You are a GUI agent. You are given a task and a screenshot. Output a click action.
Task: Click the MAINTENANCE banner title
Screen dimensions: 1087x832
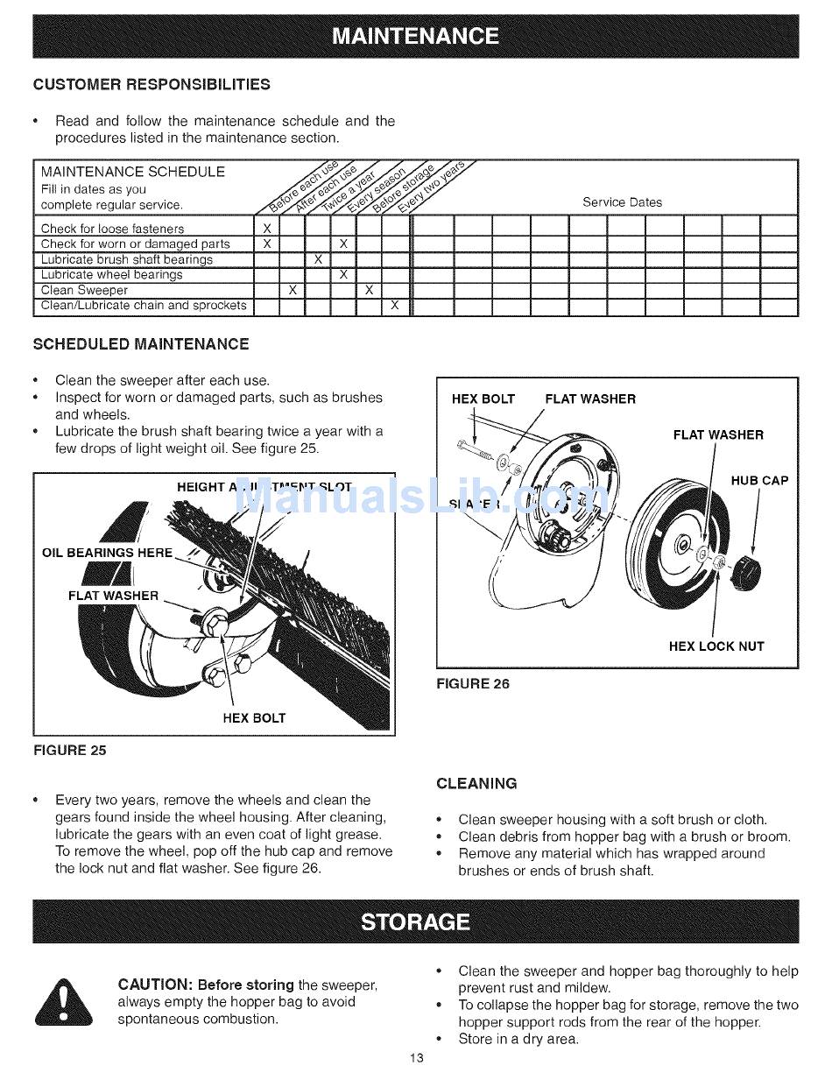tap(416, 37)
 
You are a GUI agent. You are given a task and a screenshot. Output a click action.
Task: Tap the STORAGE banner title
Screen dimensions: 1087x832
tap(416, 921)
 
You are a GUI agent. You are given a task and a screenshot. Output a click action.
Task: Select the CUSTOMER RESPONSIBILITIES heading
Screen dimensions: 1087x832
tap(152, 85)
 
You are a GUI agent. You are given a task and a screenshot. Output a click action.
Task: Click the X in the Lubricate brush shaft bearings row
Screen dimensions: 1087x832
tap(318, 259)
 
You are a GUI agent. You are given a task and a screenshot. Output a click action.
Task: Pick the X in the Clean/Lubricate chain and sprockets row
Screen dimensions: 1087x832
tap(394, 306)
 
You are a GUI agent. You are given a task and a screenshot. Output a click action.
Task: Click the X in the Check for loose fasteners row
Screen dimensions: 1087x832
tap(266, 229)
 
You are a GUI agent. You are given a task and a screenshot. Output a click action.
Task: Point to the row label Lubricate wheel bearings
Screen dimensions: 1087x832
tap(112, 275)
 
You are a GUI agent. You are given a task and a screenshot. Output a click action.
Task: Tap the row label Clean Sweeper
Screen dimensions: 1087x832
tap(84, 290)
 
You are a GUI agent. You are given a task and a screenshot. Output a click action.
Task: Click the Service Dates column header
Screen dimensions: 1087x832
tap(622, 202)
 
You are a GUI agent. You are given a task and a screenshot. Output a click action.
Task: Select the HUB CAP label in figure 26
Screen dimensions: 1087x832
tap(759, 480)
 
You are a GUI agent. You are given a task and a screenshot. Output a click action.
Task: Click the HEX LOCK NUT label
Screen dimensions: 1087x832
tap(716, 646)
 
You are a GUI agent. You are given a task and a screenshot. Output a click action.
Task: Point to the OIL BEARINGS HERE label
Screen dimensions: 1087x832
tap(108, 553)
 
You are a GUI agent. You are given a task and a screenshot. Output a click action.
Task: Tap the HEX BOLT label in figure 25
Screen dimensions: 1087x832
tap(254, 718)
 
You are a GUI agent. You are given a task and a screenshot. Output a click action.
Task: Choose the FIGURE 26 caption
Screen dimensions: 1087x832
tap(473, 684)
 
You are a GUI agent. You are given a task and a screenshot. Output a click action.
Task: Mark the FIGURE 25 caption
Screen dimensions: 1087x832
tap(70, 751)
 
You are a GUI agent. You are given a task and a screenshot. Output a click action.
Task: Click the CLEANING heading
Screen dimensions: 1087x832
tap(476, 783)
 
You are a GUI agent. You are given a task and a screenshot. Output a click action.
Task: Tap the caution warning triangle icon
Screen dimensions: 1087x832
tap(64, 1002)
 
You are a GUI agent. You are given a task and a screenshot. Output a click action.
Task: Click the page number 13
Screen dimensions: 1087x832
tap(416, 1058)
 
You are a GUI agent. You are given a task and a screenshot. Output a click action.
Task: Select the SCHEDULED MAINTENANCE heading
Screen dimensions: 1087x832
tap(141, 344)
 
